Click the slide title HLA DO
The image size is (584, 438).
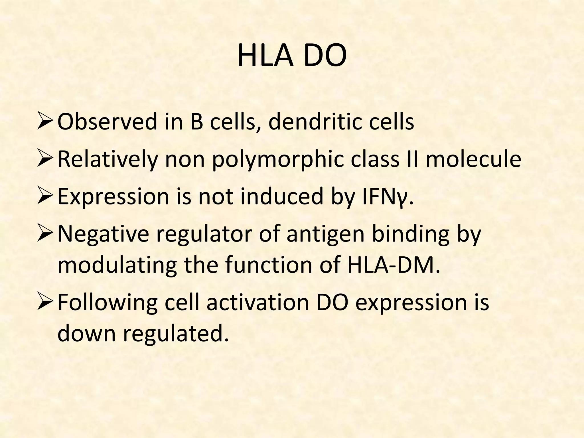pos(292,56)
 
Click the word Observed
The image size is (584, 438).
pos(107,122)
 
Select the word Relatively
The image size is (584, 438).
pos(108,160)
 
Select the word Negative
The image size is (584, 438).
pos(103,234)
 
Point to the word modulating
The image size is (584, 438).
pos(117,265)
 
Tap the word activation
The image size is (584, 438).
pos(258,302)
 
